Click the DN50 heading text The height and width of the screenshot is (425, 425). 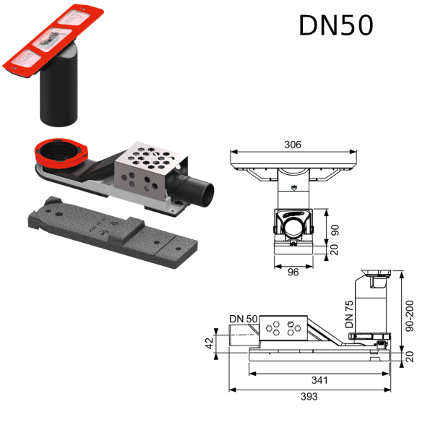coord(336,25)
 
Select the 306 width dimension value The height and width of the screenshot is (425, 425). coord(293,145)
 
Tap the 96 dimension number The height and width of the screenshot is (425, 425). coord(293,272)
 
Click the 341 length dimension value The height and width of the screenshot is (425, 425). coord(319,380)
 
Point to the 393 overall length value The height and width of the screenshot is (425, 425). coord(309,397)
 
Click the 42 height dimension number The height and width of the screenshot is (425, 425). coord(210,343)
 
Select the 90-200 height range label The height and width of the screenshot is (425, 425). coord(410,316)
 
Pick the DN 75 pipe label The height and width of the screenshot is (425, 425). coord(349,314)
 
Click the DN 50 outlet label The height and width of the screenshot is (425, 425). coord(243,319)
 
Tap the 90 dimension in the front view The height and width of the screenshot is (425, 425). coord(335,230)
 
